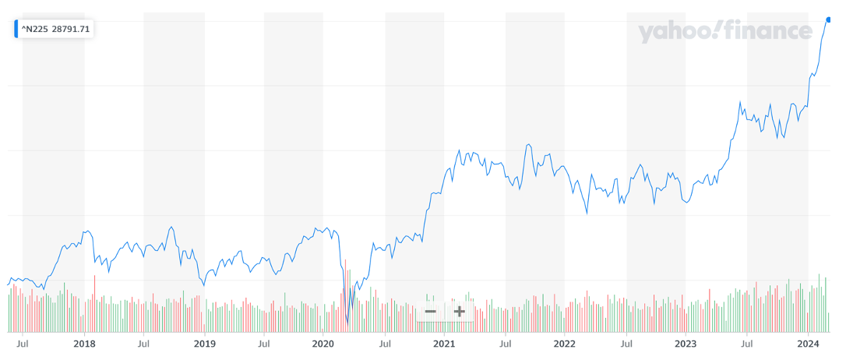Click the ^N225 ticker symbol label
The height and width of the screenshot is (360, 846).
(33, 30)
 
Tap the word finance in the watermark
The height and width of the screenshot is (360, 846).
(768, 31)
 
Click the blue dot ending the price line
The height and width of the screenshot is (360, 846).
(828, 19)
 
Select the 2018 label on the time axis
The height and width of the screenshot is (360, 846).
(83, 343)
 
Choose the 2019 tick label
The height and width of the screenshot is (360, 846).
(204, 343)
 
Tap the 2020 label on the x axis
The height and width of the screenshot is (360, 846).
(323, 343)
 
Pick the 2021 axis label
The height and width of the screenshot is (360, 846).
(443, 343)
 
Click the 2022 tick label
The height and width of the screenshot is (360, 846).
(564, 343)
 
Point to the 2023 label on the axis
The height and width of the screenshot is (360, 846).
(685, 343)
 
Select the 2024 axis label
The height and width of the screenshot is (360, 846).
(808, 343)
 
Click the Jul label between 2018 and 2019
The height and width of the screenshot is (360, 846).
(143, 343)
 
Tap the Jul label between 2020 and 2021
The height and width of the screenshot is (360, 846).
(385, 343)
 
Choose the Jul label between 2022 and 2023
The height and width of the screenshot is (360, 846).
(626, 343)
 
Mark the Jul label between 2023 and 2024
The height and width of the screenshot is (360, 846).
(746, 343)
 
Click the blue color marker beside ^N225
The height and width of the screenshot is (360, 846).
(16, 30)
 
